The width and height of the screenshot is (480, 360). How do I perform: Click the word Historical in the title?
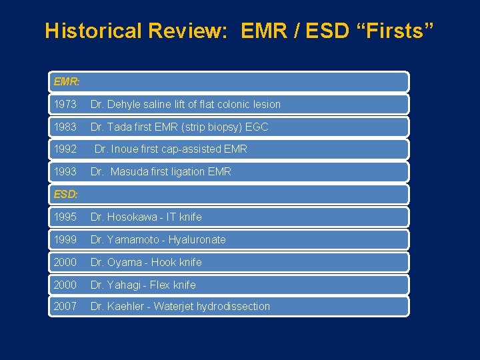click(93, 31)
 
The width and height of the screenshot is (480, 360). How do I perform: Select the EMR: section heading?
click(67, 82)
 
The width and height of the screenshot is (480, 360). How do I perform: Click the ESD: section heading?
click(66, 194)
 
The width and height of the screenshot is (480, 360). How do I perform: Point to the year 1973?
click(65, 105)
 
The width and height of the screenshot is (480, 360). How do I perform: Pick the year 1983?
click(65, 127)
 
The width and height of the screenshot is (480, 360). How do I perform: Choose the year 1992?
click(65, 149)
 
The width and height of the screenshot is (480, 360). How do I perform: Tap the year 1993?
click(65, 172)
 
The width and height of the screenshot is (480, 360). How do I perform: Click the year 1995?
click(65, 217)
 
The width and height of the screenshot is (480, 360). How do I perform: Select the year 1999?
click(65, 240)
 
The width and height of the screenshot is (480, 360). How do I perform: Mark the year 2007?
click(65, 307)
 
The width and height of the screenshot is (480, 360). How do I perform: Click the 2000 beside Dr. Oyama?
click(65, 263)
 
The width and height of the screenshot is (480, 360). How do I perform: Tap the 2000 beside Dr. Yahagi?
click(65, 285)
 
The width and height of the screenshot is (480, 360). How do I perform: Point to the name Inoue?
click(126, 149)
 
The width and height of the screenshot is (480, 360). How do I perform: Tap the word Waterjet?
click(175, 307)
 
